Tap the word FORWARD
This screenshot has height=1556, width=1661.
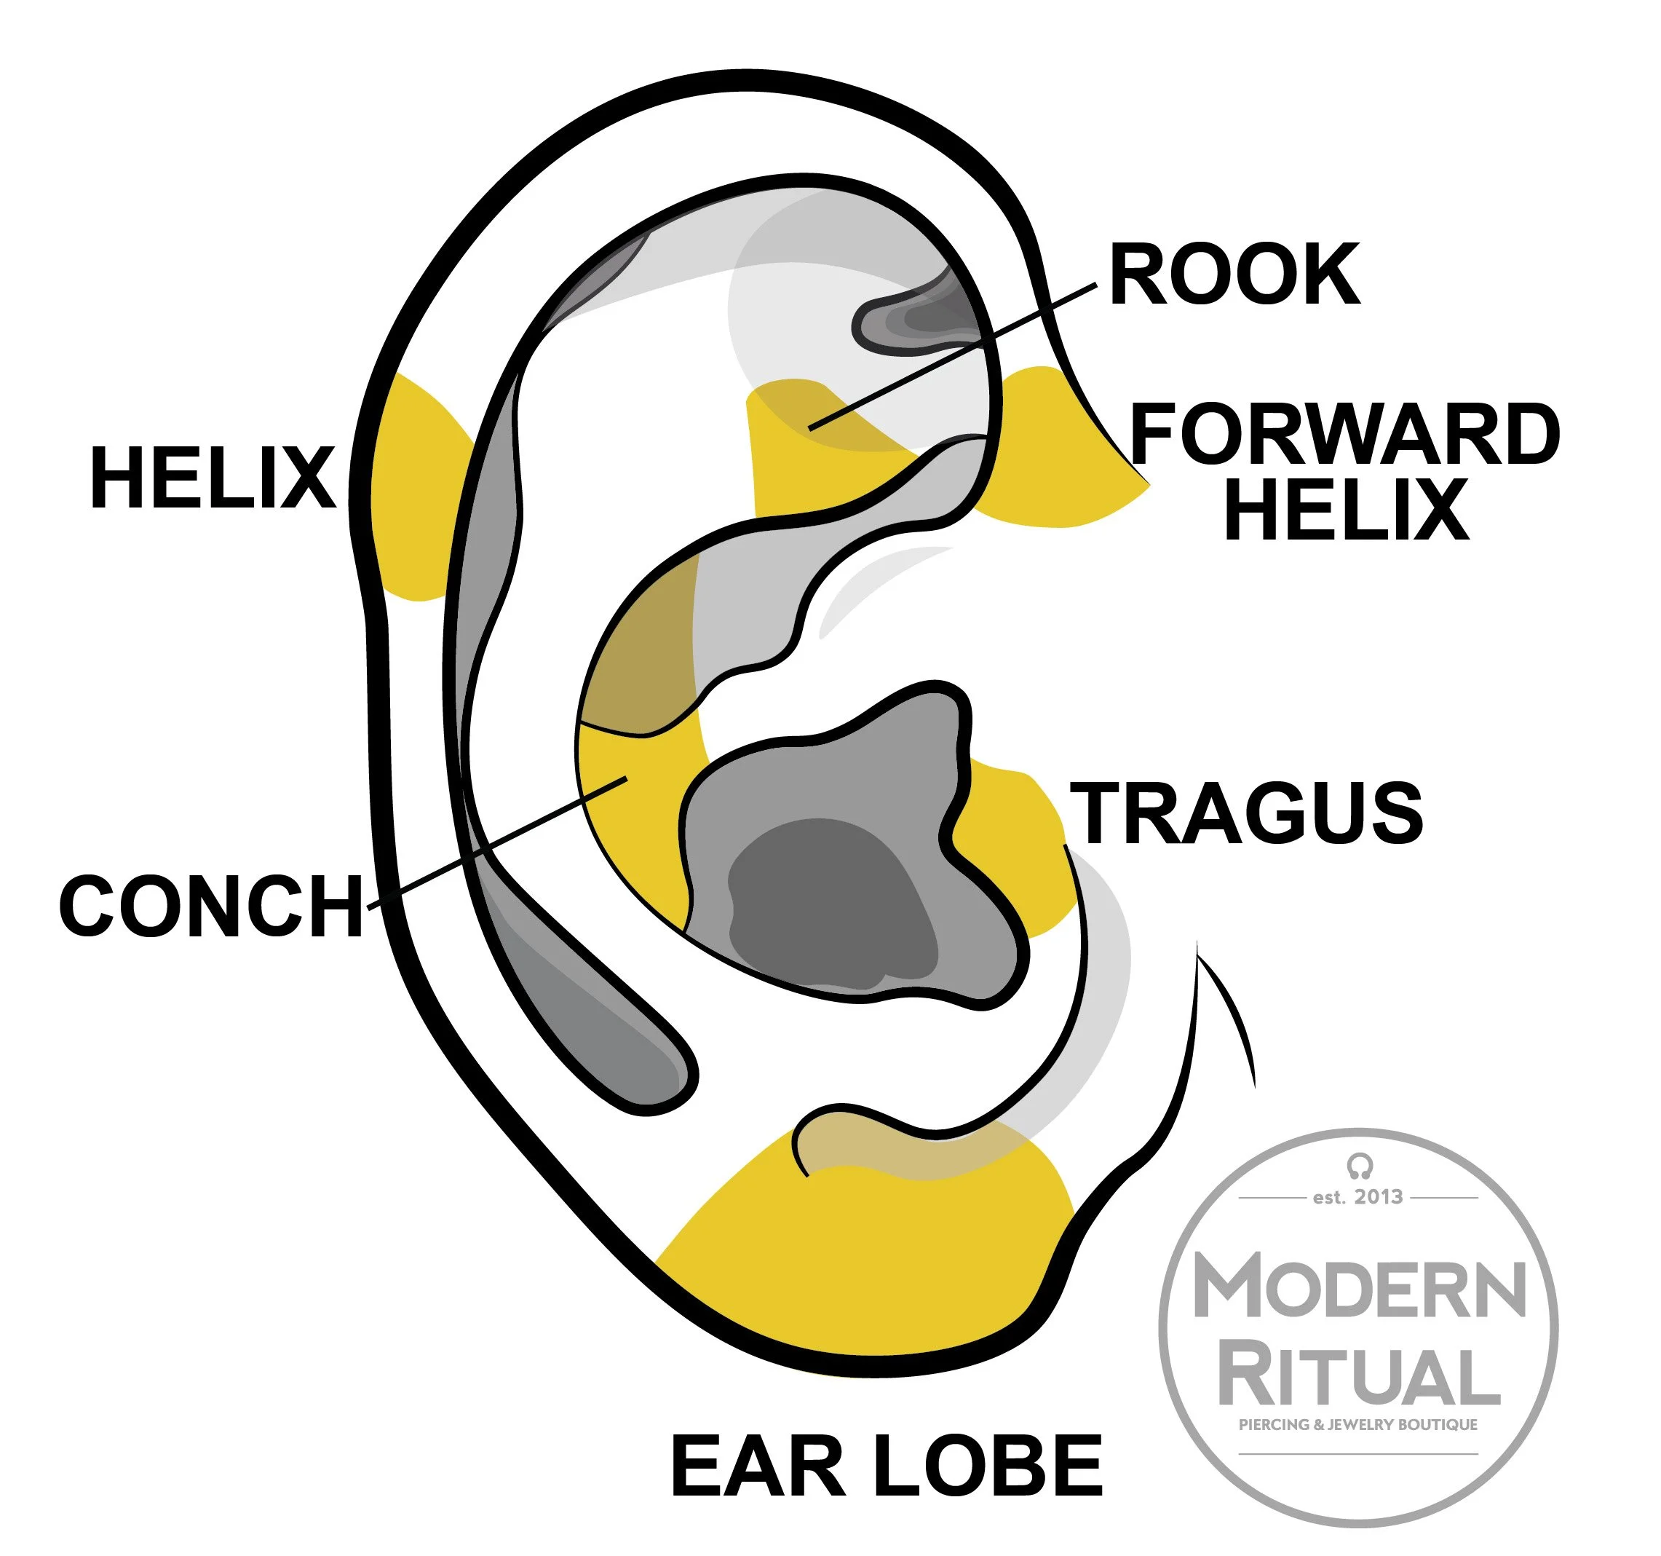point(1344,434)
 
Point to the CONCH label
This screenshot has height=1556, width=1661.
point(211,906)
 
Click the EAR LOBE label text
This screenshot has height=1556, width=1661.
point(887,1466)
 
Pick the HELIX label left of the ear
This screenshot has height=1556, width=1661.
point(213,477)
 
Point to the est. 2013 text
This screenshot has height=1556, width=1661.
point(1357,1196)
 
